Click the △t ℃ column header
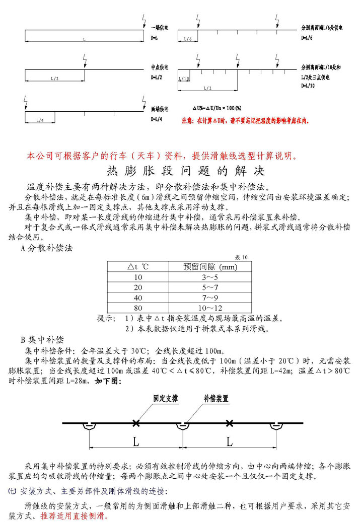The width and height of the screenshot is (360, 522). click(137, 266)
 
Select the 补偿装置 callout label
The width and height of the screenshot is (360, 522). click(216, 398)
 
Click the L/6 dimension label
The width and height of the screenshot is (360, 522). click(187, 39)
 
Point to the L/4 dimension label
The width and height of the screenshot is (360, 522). click(40, 120)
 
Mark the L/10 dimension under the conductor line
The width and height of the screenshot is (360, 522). click(184, 79)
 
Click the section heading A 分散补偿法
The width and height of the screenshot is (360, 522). click(47, 248)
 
